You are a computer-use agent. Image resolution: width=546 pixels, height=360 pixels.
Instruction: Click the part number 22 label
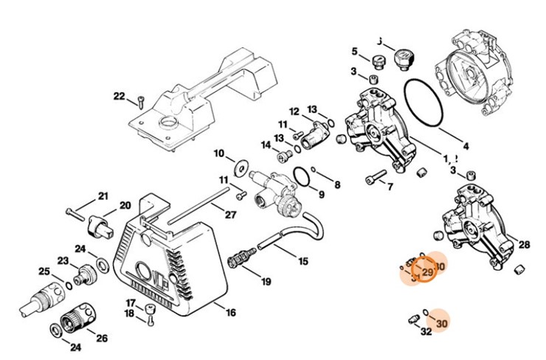point(120,96)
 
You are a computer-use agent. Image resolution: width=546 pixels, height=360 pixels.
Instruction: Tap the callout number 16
point(231,313)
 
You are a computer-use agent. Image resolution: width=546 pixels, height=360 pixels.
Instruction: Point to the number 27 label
point(230,215)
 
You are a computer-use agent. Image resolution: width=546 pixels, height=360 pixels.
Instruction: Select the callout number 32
point(425,332)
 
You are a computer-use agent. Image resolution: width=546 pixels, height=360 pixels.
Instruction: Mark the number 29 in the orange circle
point(426,273)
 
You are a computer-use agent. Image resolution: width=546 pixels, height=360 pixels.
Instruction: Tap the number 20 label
point(125,205)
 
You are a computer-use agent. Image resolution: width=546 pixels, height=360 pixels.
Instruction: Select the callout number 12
point(294,111)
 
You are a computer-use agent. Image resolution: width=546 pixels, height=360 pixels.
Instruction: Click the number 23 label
point(63,260)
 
